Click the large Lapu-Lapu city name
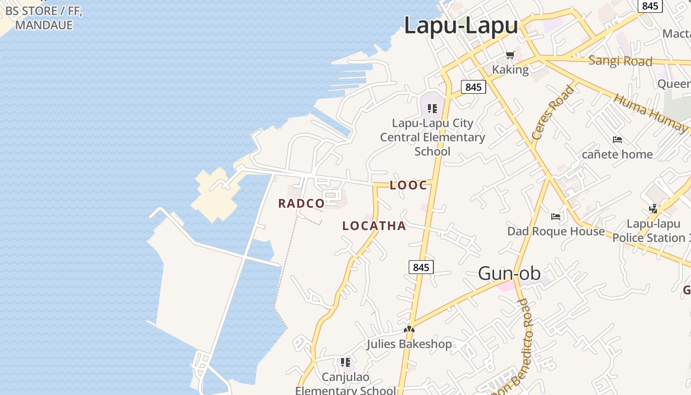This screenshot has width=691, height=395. (x=461, y=26)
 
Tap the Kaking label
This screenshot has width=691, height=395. (x=510, y=70)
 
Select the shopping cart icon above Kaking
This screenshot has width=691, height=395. (x=510, y=55)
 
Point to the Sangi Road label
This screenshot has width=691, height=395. (x=620, y=61)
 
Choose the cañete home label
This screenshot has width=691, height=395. (x=617, y=154)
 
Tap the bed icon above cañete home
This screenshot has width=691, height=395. (x=617, y=140)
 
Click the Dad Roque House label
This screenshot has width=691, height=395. (x=556, y=231)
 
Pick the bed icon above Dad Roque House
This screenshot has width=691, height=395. (x=556, y=216)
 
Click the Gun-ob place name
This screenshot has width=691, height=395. (x=509, y=273)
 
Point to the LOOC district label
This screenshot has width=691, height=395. (x=408, y=186)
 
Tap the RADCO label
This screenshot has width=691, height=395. (x=301, y=203)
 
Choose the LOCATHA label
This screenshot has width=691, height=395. (x=374, y=226)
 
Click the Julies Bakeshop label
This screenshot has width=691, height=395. (x=409, y=344)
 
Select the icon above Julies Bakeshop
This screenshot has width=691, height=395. (x=409, y=329)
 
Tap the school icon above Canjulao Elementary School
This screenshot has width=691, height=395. (x=345, y=363)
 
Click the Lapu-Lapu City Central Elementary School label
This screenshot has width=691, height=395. (x=432, y=137)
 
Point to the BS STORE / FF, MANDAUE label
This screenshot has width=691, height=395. (x=43, y=18)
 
